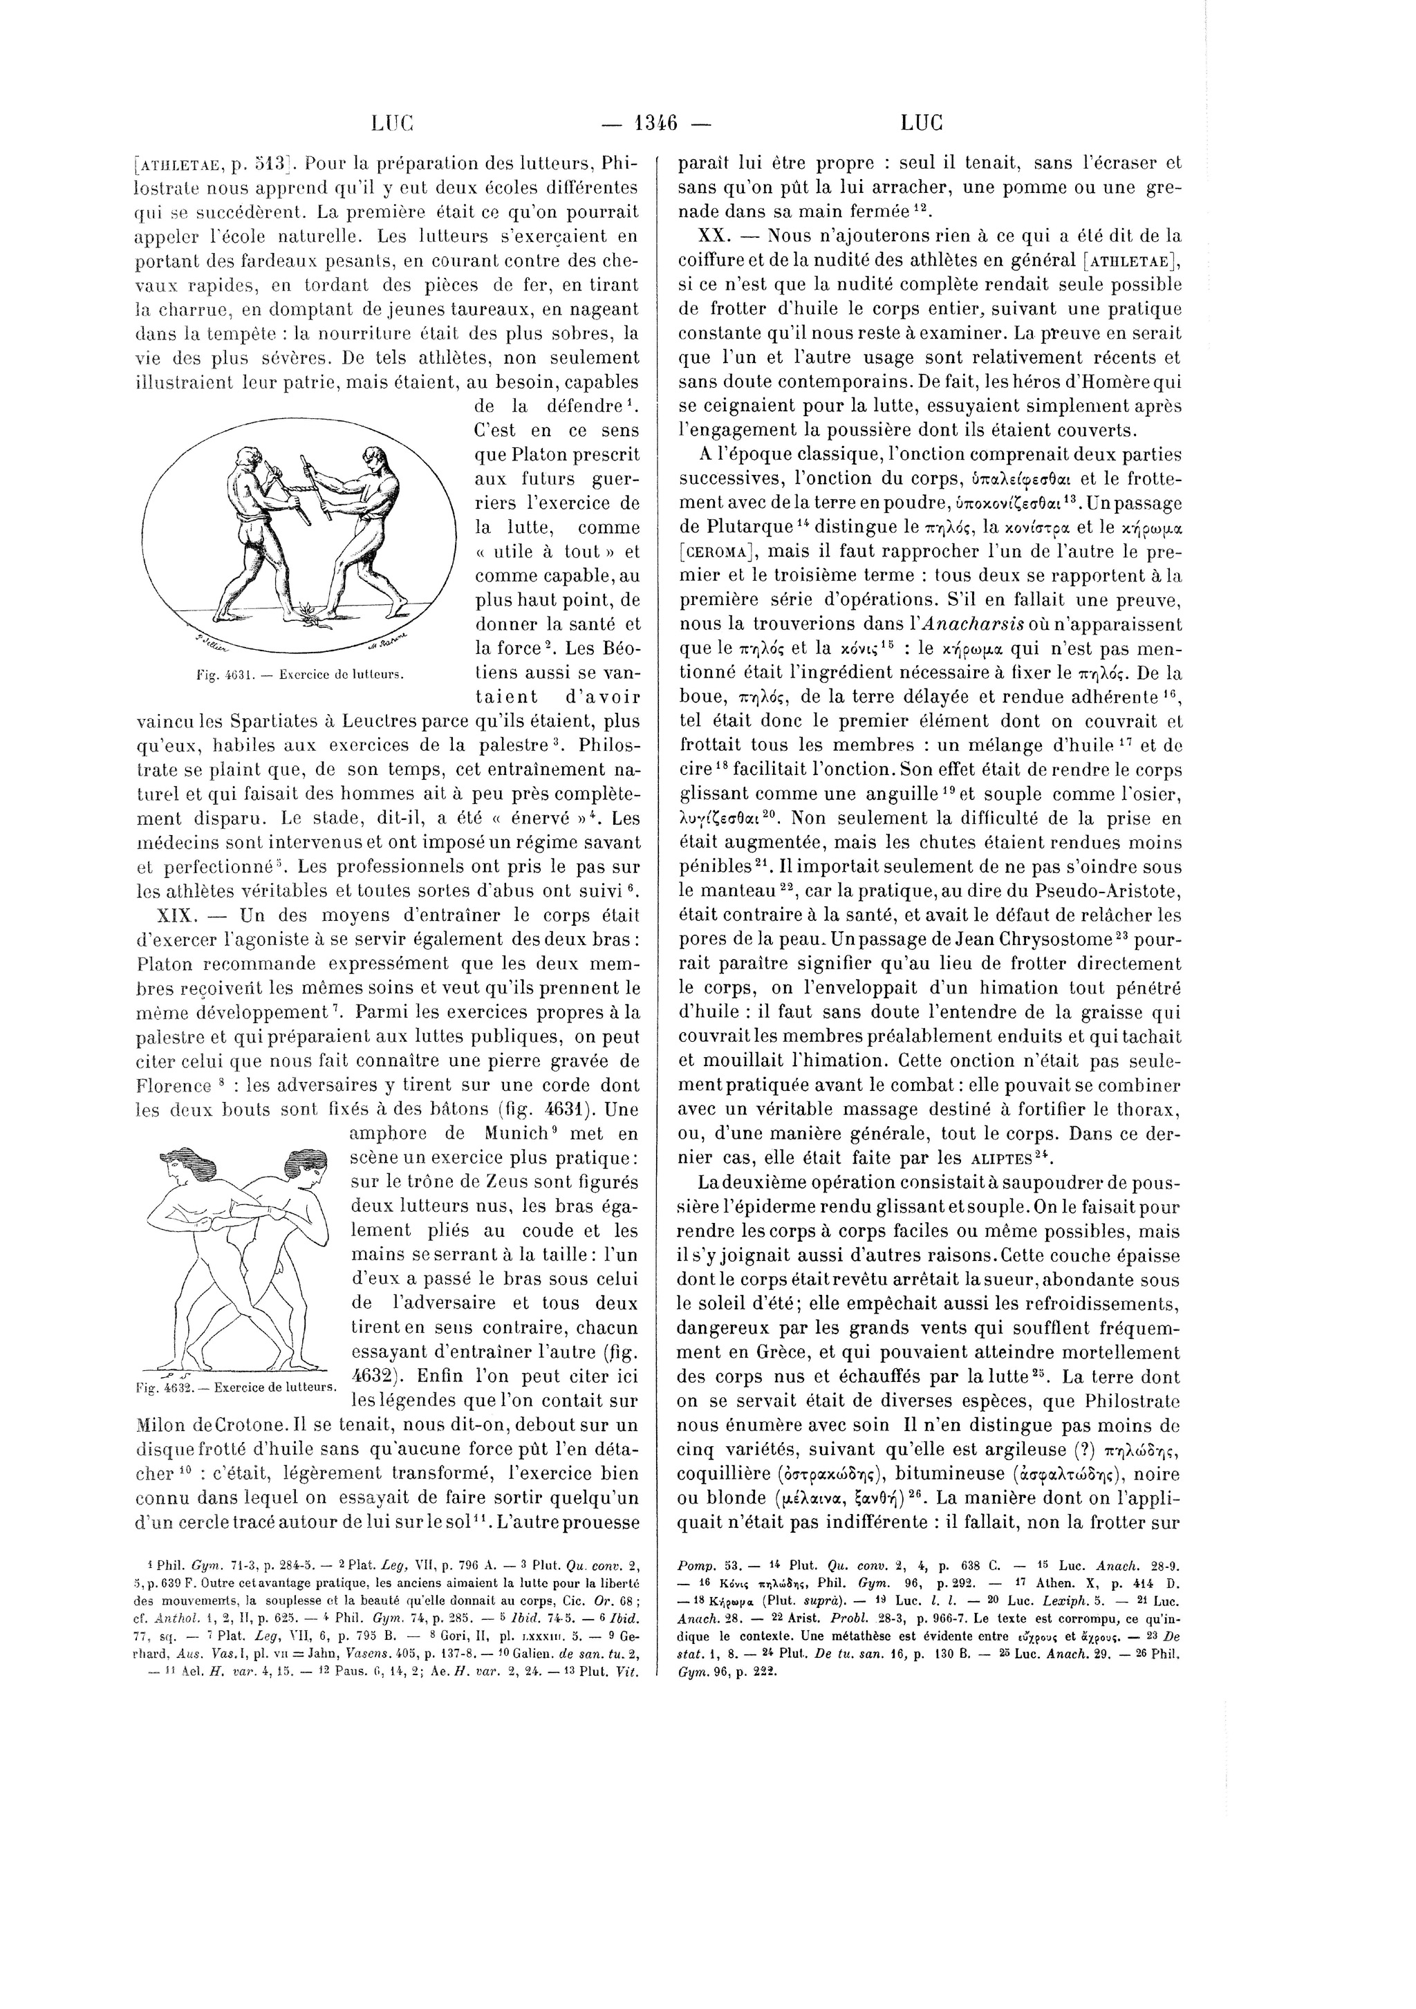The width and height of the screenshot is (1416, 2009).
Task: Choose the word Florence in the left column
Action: [x=174, y=1086]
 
